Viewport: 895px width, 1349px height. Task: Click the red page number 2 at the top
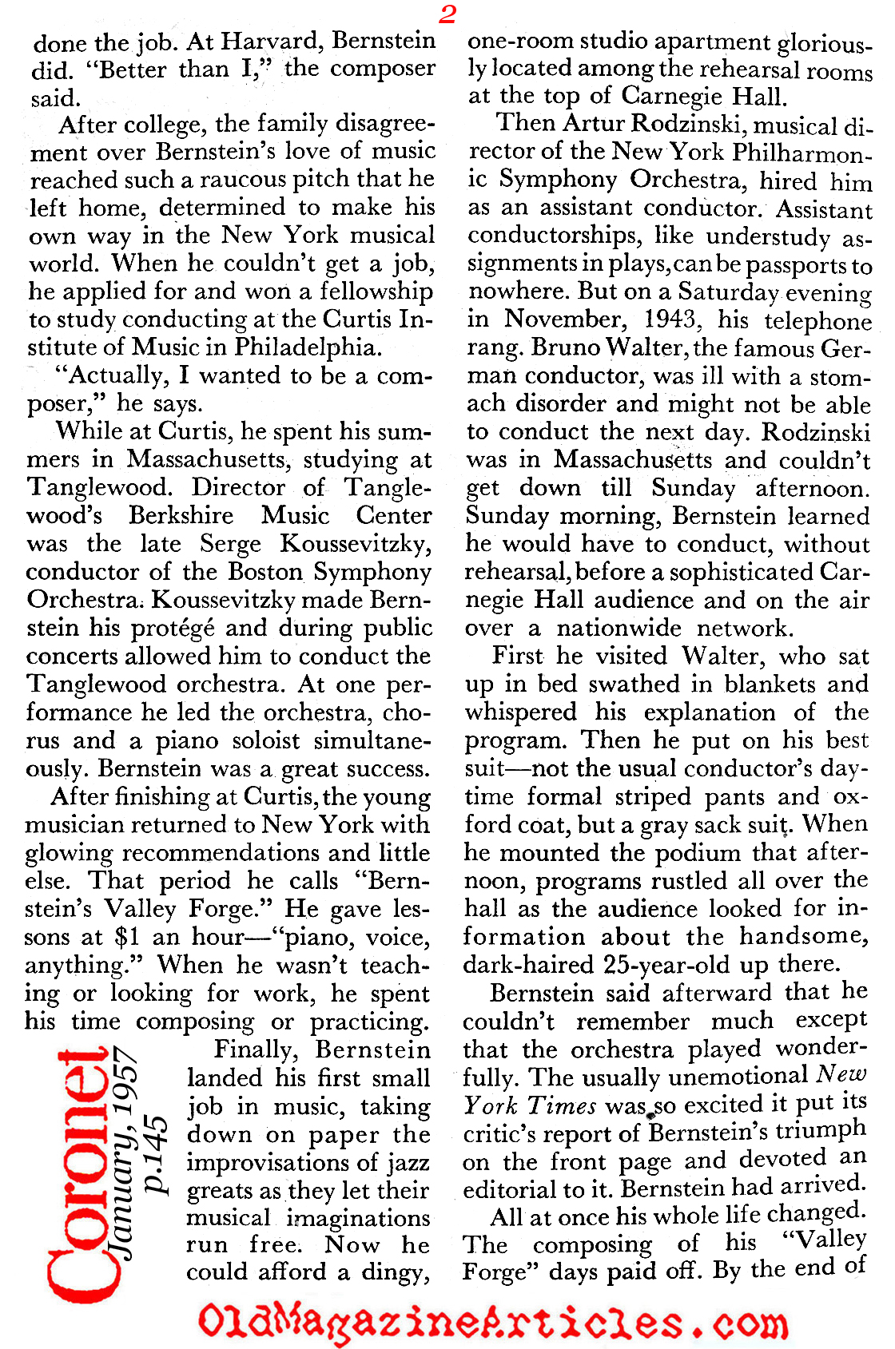(x=447, y=14)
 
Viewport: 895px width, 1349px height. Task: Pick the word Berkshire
(x=181, y=515)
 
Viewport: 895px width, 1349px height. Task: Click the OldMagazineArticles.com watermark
(x=492, y=1321)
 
